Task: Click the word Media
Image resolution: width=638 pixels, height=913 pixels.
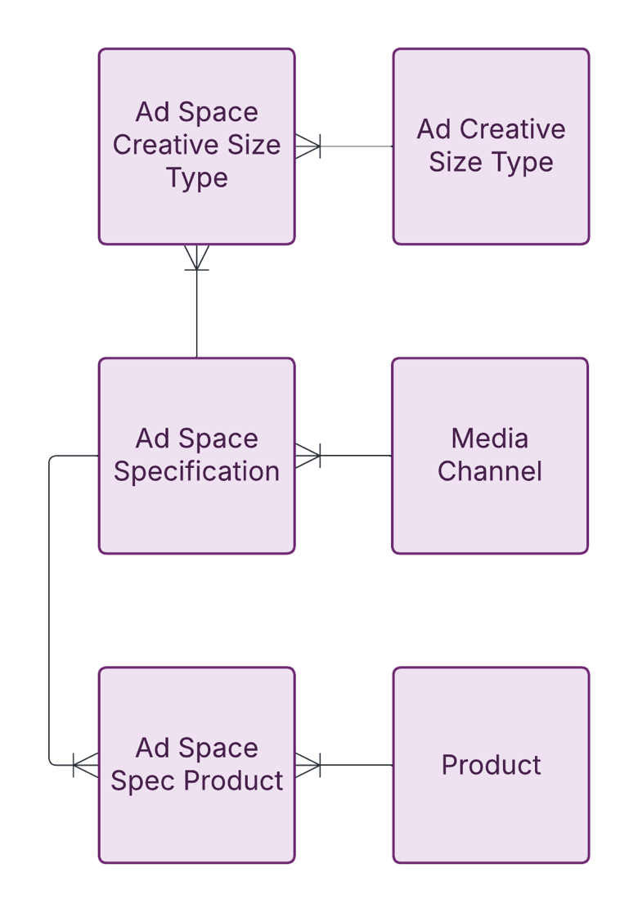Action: click(490, 439)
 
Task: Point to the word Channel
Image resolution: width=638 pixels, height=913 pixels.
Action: click(490, 472)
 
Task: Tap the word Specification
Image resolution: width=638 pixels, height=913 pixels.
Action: click(196, 472)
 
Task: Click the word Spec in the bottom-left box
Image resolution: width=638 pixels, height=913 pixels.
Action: click(144, 781)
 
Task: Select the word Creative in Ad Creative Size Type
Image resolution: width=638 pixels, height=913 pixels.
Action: click(513, 130)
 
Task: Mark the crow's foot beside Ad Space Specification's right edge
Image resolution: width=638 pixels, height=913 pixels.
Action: click(308, 456)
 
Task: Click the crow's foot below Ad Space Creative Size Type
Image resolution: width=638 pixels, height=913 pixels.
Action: click(197, 257)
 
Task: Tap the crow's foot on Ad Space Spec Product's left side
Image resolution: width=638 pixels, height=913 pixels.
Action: click(86, 765)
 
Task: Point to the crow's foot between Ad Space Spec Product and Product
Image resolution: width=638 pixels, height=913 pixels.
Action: click(308, 765)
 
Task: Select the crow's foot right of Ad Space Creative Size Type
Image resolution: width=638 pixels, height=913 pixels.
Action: click(308, 146)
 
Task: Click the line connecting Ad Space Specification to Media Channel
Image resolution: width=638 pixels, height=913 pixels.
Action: click(356, 456)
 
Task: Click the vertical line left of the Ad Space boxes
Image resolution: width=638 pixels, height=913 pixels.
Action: click(49, 609)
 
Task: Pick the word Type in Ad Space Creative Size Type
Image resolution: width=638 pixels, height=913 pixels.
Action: click(196, 178)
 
